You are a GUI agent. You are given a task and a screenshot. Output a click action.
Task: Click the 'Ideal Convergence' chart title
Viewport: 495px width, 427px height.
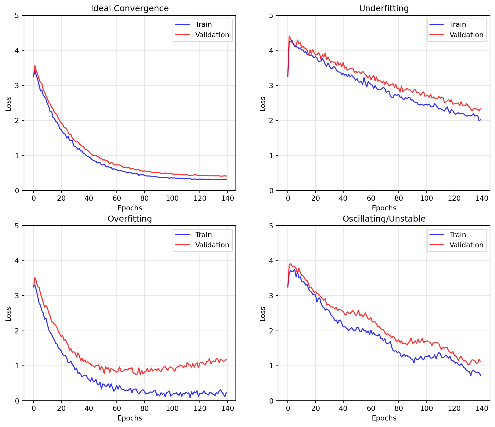(x=130, y=9)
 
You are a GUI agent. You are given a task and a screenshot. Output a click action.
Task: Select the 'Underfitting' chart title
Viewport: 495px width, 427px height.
(x=384, y=9)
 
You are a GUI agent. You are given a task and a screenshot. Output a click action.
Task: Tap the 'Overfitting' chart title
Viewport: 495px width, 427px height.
(x=130, y=219)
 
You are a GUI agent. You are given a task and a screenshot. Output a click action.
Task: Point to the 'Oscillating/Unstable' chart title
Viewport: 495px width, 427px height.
(x=384, y=219)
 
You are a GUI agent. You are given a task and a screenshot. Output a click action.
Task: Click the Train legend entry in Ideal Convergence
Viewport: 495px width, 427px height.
(x=203, y=25)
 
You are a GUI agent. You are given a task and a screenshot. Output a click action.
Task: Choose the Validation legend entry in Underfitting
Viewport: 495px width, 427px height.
(x=466, y=35)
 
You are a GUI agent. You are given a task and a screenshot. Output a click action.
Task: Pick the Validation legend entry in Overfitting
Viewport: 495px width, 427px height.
(x=212, y=245)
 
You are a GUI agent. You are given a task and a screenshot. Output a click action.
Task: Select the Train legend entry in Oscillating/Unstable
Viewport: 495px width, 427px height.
(x=458, y=235)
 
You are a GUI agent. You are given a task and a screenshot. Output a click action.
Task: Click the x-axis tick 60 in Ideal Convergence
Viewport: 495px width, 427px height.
(x=117, y=198)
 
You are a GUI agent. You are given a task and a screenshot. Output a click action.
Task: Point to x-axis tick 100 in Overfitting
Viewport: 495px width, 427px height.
(x=172, y=408)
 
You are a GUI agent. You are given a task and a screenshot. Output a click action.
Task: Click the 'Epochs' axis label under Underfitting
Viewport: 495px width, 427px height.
(x=384, y=208)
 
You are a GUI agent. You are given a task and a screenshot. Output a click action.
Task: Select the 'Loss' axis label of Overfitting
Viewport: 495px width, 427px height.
(x=8, y=314)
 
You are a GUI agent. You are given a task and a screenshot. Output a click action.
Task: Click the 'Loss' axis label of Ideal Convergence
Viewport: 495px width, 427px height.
(x=8, y=103)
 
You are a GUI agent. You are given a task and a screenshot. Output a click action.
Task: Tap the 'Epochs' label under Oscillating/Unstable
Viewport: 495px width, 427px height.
(x=384, y=418)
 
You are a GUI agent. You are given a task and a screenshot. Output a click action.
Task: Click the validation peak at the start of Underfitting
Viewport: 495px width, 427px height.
(x=289, y=36)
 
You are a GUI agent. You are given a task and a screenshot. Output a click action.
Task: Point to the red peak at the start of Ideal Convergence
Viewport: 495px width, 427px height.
(x=35, y=65)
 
